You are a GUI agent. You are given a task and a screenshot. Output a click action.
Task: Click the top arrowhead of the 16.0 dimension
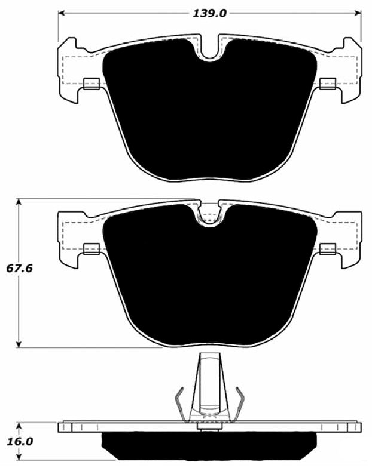pos(20,425)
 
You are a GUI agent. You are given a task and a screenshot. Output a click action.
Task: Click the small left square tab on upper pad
pos(92,84)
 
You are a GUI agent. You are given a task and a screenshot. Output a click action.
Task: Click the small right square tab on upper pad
pos(327,84)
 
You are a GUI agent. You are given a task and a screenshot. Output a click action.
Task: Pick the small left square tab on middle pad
pos(92,248)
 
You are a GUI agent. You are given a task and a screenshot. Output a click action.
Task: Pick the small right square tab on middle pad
pos(327,248)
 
